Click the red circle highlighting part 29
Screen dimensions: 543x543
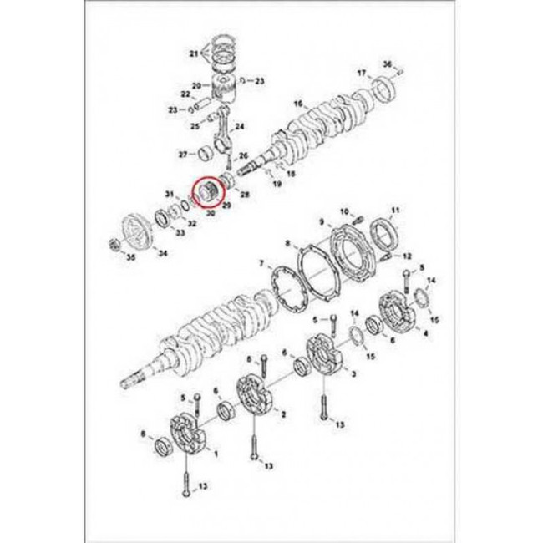coord(209,192)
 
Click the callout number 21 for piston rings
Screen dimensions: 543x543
coord(194,53)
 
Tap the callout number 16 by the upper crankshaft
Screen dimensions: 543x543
coord(298,104)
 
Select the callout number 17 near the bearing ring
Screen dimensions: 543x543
coord(362,73)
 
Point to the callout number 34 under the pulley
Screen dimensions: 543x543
coord(162,253)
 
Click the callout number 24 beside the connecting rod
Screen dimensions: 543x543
coord(240,127)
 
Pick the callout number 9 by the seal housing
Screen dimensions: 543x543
coord(322,222)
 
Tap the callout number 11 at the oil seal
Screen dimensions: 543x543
coord(395,211)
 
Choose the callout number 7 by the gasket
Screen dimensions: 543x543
coord(262,265)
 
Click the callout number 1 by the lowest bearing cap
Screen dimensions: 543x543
coord(216,454)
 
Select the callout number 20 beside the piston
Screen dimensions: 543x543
coord(196,85)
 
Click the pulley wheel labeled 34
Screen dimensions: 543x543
coord(135,231)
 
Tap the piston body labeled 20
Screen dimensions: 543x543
coord(224,88)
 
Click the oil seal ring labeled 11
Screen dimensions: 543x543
coord(383,234)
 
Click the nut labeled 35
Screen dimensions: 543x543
coord(114,245)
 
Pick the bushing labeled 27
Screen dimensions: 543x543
coord(206,155)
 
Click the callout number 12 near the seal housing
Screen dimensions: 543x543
coord(407,256)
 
